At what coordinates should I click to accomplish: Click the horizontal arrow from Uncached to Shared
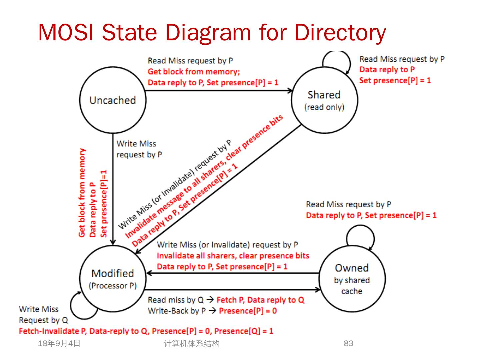coord(218,90)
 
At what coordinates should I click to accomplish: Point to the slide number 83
coord(348,343)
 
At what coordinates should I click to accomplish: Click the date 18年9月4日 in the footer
coord(59,343)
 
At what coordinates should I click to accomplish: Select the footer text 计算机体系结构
coord(192,344)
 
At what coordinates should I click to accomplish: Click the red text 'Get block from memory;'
coord(194,71)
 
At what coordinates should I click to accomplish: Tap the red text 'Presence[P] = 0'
coord(248,311)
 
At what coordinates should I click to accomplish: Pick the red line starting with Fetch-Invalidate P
coord(146,331)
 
